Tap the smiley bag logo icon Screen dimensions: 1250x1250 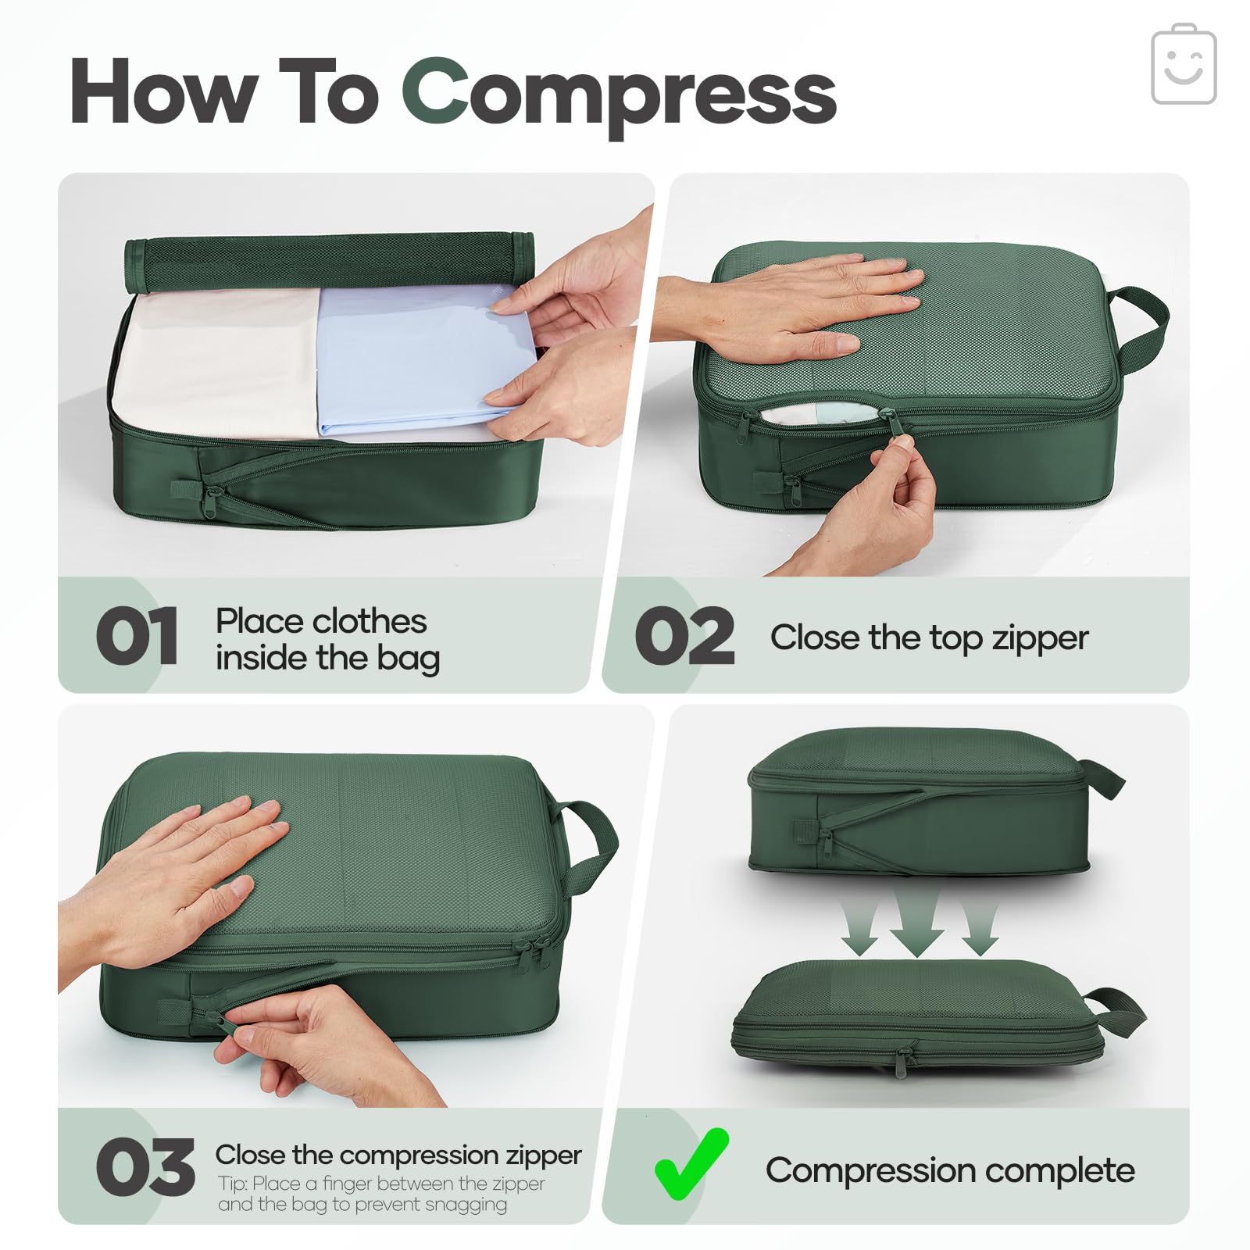pyautogui.click(x=1184, y=64)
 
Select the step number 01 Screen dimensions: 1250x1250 pyautogui.click(x=137, y=636)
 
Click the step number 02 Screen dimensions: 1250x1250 pyautogui.click(x=684, y=636)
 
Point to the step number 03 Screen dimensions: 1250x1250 pyautogui.click(x=145, y=1167)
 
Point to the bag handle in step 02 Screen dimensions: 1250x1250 pyautogui.click(x=1142, y=328)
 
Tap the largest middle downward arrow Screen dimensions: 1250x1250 pyautogui.click(x=917, y=922)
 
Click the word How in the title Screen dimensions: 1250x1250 pyautogui.click(x=164, y=91)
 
